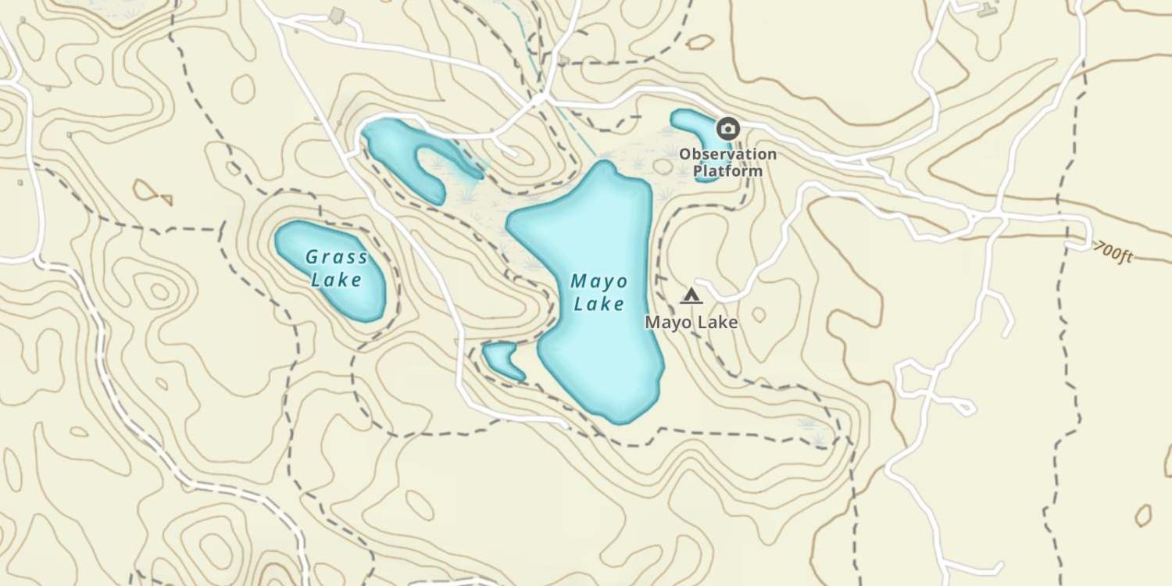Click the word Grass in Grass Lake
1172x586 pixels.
click(336, 257)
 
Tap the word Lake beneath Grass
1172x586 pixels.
click(336, 279)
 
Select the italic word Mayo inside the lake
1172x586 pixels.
click(599, 281)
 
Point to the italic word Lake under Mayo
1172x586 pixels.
click(599, 304)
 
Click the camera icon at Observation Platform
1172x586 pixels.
click(728, 128)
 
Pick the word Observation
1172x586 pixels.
click(727, 154)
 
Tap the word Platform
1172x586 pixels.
click(731, 170)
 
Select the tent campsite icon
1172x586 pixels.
click(691, 295)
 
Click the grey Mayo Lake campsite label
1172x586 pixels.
click(691, 321)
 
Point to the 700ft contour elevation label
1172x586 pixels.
click(1113, 252)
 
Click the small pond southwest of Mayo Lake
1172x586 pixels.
click(502, 359)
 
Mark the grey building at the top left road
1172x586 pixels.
click(337, 15)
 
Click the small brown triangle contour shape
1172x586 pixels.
click(165, 199)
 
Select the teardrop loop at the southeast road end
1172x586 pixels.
click(963, 406)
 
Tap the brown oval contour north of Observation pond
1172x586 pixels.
click(700, 41)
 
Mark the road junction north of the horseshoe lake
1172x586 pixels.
click(538, 100)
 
